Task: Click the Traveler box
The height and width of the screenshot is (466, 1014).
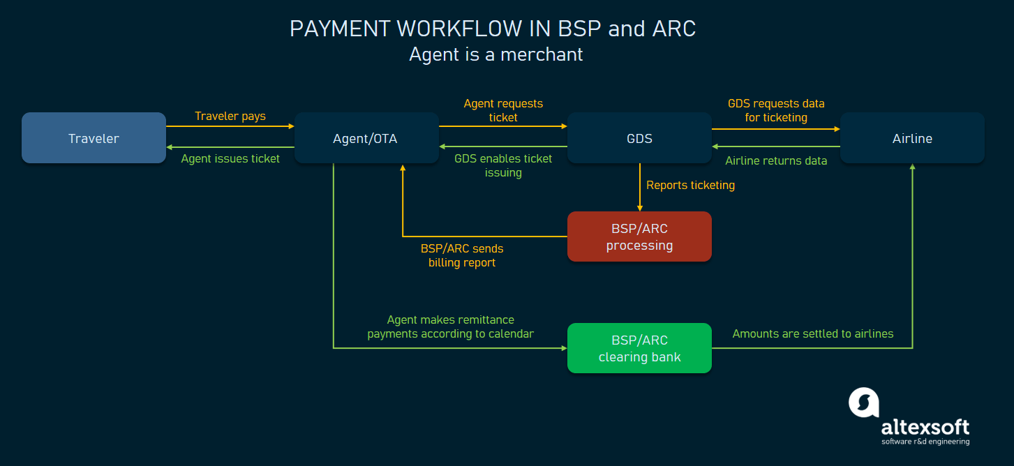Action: point(94,138)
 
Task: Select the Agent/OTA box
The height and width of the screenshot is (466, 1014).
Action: point(366,138)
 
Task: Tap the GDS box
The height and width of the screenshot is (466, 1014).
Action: point(639,138)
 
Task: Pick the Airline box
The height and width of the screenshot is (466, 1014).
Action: point(912,138)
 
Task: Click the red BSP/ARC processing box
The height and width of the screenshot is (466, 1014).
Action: point(639,237)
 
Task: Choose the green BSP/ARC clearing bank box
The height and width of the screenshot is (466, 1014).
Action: point(639,348)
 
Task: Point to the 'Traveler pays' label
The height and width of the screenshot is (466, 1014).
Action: point(230,116)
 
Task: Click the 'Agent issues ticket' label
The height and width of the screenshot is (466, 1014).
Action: point(230,159)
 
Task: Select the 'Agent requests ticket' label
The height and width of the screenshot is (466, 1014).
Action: point(503,110)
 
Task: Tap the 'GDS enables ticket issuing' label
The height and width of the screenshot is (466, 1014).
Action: point(503,165)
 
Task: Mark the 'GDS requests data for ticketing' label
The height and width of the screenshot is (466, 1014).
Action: point(776,110)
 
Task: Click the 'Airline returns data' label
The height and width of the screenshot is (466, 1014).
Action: point(776,160)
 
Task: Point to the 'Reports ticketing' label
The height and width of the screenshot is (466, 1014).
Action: point(690,185)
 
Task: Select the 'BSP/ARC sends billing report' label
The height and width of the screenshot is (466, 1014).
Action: point(462,255)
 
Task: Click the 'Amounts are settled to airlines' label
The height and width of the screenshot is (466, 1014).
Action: point(813,333)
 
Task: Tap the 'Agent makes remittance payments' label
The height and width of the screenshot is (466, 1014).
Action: point(451,326)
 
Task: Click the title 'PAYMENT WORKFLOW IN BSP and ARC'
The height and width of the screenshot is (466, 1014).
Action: point(493,29)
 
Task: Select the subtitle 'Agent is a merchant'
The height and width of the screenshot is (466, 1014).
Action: point(495,54)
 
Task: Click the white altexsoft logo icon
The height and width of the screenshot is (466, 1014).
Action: point(863,403)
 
